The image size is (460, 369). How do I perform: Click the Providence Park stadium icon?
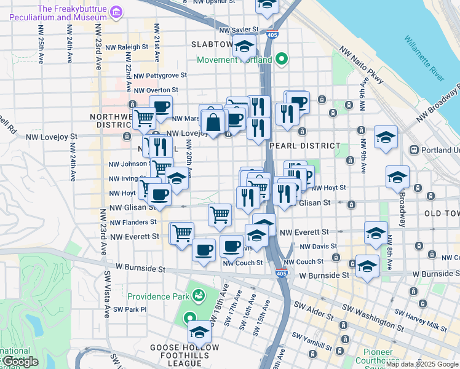(x=199, y=296)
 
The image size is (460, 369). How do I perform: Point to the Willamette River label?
(x=424, y=59)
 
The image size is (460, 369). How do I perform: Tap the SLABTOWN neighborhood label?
(x=210, y=44)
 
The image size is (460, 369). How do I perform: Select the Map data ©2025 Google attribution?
(x=422, y=364)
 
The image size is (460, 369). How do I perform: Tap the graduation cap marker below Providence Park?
(x=199, y=332)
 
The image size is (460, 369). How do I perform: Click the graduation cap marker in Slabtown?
(x=244, y=47)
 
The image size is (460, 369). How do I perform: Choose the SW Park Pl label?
(x=130, y=309)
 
